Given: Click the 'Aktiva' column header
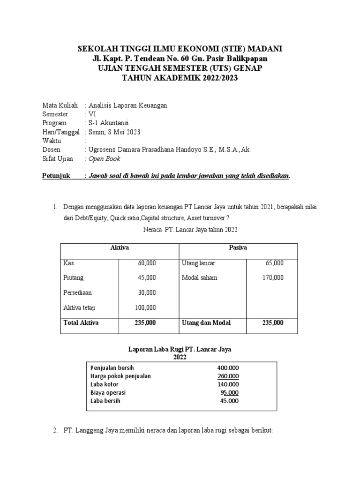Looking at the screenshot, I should point(119,247).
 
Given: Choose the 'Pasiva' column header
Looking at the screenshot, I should point(238,247).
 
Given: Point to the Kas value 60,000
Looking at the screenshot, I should point(147,263).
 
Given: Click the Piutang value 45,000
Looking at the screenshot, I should point(147,277).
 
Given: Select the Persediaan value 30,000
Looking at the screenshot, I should point(147,292).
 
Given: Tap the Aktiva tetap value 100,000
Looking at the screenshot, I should point(145,307).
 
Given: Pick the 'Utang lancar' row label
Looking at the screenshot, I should point(198,263).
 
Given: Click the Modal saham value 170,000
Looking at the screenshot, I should point(272,277).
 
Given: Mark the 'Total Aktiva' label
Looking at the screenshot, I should point(81,323).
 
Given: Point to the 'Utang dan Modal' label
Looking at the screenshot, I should point(206,323).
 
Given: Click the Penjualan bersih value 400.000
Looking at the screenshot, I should point(228,368).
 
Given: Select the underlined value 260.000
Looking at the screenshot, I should point(228,376).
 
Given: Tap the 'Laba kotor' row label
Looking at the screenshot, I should point(105,384).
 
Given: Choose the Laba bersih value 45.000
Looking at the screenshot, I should point(229,401).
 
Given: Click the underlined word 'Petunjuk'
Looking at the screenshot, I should point(56,176).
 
